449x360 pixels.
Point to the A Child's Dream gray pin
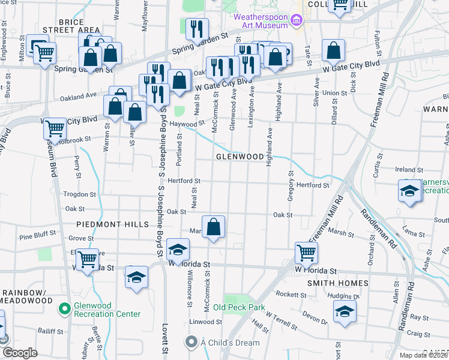[191, 343]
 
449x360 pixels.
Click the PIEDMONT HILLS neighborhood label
[112, 224]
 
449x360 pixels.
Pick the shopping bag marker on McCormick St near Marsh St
[213, 227]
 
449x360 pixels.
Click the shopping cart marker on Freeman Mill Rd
[306, 254]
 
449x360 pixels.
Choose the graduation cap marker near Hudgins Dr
[345, 311]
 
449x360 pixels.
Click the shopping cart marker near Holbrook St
[55, 129]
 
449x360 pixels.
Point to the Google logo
[19, 353]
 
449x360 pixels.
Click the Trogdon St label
[79, 194]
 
